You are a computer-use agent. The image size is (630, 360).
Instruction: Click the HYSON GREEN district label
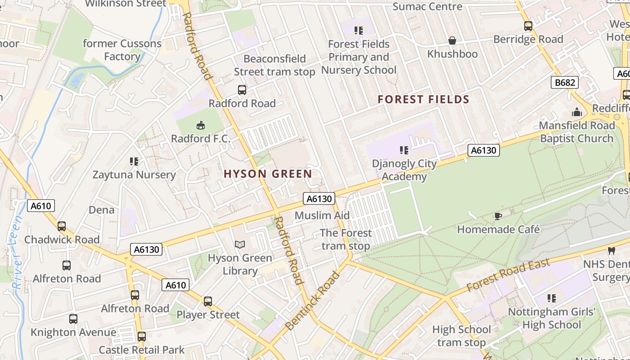268,174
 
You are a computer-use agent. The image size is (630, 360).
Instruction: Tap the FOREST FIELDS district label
423,99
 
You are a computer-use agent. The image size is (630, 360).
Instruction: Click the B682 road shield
564,82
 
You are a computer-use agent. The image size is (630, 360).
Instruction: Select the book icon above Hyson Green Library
240,245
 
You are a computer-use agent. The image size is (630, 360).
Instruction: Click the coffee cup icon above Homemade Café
498,216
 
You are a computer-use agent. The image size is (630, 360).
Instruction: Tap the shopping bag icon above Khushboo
452,41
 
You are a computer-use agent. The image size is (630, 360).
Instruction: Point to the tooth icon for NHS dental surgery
611,250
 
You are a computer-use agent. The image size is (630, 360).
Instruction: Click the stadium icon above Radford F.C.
201,125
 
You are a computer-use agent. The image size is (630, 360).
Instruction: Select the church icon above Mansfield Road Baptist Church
576,112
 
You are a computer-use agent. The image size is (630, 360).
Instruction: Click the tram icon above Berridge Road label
528,26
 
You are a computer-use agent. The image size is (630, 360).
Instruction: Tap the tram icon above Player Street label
207,301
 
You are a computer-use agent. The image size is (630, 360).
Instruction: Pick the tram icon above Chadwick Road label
62,226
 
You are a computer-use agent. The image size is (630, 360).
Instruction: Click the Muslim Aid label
322,216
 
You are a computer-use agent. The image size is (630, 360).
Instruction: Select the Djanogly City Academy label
404,170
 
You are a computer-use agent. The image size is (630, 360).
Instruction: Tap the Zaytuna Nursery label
134,175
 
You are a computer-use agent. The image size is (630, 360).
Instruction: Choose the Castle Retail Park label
141,350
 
